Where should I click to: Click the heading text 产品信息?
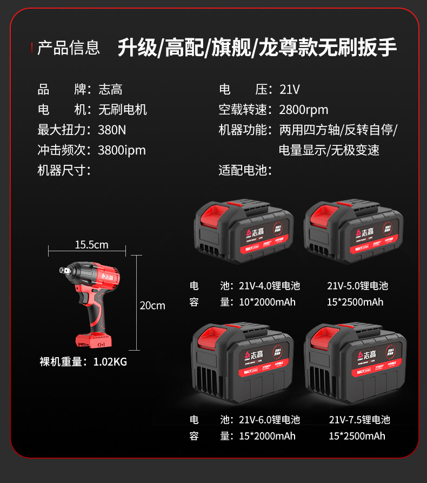point(68,48)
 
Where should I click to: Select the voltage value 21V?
point(289,89)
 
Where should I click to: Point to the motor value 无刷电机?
point(122,110)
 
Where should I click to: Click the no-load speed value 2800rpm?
point(303,110)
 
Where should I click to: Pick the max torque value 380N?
point(112,130)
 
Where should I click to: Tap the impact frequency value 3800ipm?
point(122,150)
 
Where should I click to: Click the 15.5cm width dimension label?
point(91,245)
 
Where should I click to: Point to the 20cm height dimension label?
point(152,305)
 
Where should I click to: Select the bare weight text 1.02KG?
point(110,362)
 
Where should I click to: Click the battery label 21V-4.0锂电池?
point(269,286)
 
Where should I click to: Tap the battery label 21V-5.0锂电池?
point(357,286)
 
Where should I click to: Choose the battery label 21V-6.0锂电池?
point(269,420)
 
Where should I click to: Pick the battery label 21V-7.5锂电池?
point(359,420)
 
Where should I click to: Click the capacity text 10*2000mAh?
point(268,302)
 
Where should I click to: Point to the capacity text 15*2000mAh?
point(268,436)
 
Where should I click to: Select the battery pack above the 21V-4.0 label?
point(243,231)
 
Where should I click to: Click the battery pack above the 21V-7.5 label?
point(355,363)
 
